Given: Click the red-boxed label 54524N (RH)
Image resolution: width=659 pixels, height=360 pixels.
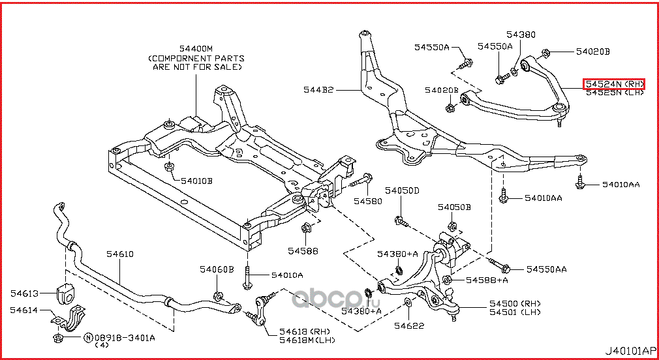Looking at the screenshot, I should [x=613, y=84].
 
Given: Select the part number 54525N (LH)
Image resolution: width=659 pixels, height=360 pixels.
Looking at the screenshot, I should [x=613, y=93].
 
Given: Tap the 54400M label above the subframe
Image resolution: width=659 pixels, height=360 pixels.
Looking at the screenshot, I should [x=196, y=49].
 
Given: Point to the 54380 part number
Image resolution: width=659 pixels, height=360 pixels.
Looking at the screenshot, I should [x=520, y=34].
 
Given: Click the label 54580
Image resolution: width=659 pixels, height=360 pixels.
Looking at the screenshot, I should [x=367, y=202].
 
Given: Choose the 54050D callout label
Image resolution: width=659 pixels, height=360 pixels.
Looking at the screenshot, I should [x=401, y=190].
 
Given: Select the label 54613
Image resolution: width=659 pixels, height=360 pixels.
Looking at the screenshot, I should [x=24, y=293].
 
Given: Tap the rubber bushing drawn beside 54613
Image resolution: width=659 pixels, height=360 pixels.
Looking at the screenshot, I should [x=66, y=293].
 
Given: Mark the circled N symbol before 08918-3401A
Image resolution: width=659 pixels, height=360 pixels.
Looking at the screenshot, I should [x=87, y=338].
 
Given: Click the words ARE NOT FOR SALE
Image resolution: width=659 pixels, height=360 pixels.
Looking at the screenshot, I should [x=196, y=67].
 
